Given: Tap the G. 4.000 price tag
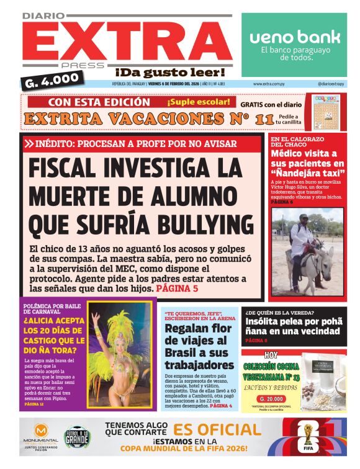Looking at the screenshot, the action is pos(52,79).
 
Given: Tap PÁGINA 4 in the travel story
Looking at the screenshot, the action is pos(221,406).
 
